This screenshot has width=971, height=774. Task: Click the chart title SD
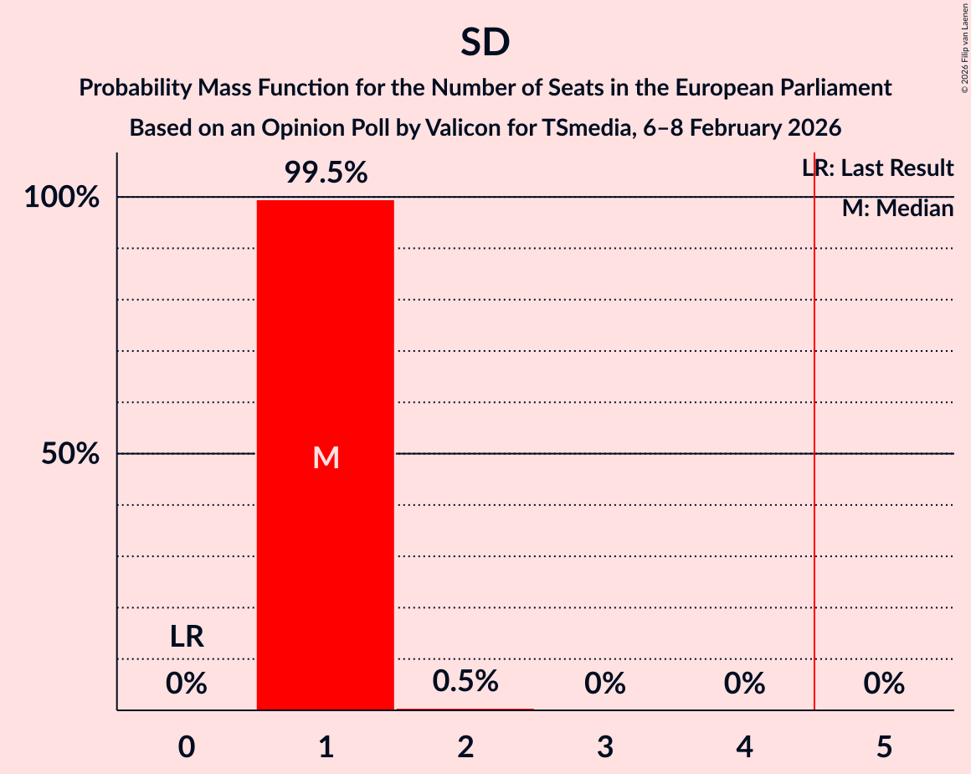coord(485,44)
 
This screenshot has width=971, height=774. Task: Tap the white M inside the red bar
coord(326,457)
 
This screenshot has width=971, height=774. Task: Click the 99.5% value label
coord(326,173)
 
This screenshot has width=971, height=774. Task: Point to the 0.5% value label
coord(465,681)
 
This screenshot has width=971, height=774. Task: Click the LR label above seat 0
coord(187,637)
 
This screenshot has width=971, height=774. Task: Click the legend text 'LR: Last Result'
coord(877,168)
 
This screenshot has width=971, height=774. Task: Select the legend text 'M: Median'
coord(897,209)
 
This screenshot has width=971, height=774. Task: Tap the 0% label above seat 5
coord(884,684)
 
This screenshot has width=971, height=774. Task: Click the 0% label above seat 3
coord(605,684)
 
